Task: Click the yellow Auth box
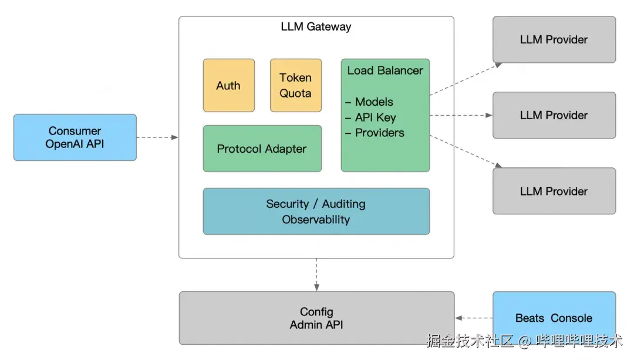pyautogui.click(x=228, y=85)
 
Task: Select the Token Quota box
pyautogui.click(x=295, y=85)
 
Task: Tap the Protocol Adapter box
pyautogui.click(x=262, y=149)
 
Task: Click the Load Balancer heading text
pyautogui.click(x=385, y=70)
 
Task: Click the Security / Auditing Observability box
pyautogui.click(x=316, y=211)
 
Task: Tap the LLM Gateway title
pyautogui.click(x=316, y=26)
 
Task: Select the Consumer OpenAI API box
pyautogui.click(x=75, y=137)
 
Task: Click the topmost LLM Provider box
pyautogui.click(x=554, y=39)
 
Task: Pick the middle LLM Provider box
pyautogui.click(x=554, y=115)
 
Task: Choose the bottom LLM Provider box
pyautogui.click(x=554, y=191)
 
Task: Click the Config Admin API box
pyautogui.click(x=316, y=318)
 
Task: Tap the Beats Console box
pyautogui.click(x=554, y=318)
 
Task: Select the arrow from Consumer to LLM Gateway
pyautogui.click(x=157, y=137)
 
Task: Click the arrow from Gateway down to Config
pyautogui.click(x=316, y=274)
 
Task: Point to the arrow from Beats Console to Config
pyautogui.click(x=473, y=318)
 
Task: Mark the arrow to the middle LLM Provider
pyautogui.click(x=461, y=115)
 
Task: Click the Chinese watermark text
pyautogui.click(x=524, y=341)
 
